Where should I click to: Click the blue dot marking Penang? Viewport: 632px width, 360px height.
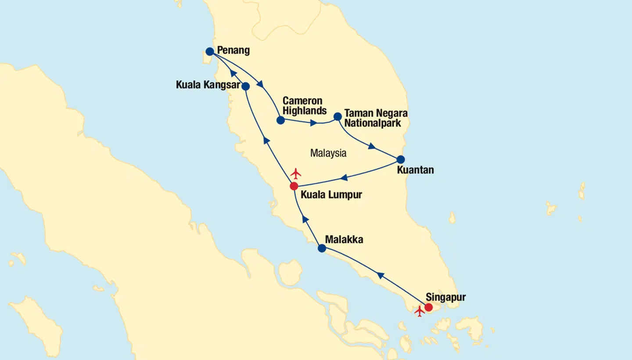pyautogui.click(x=210, y=52)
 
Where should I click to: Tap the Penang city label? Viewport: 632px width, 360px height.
pyautogui.click(x=233, y=50)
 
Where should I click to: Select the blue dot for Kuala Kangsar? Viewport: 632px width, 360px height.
pyautogui.click(x=246, y=86)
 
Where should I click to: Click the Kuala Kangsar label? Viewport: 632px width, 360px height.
pyautogui.click(x=208, y=85)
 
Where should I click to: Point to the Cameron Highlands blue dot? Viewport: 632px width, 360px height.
pyautogui.click(x=280, y=120)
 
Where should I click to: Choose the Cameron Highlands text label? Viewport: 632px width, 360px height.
pyautogui.click(x=305, y=106)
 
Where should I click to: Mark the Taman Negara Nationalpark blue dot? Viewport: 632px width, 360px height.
pyautogui.click(x=338, y=116)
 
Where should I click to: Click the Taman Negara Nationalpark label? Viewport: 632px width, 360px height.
pyautogui.click(x=375, y=118)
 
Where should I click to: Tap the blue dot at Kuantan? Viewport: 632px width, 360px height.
pyautogui.click(x=401, y=159)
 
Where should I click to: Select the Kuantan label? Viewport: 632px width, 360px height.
pyautogui.click(x=415, y=170)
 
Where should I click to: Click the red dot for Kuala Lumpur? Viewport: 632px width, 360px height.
pyautogui.click(x=294, y=186)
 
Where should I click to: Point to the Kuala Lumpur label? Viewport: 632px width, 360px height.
pyautogui.click(x=331, y=194)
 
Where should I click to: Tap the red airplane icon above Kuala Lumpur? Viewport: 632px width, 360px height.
pyautogui.click(x=296, y=173)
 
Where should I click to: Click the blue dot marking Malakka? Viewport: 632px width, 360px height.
pyautogui.click(x=322, y=248)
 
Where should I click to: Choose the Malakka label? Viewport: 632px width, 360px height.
pyautogui.click(x=344, y=240)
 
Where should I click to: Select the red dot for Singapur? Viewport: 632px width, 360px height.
pyautogui.click(x=429, y=307)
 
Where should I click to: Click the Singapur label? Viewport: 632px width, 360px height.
pyautogui.click(x=445, y=297)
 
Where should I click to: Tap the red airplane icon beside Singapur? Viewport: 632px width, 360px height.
pyautogui.click(x=420, y=311)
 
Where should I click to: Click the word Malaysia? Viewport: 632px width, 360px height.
pyautogui.click(x=328, y=153)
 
